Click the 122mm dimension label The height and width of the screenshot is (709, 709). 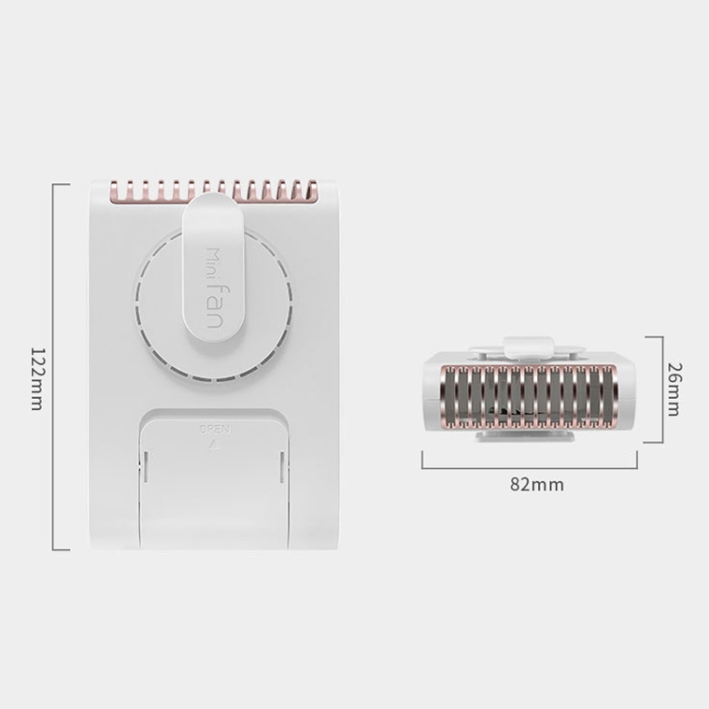(37, 379)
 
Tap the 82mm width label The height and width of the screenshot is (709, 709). (537, 485)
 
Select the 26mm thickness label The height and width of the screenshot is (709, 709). (674, 389)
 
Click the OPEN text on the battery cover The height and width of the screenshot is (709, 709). (215, 429)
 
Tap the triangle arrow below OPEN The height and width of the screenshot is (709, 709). (215, 444)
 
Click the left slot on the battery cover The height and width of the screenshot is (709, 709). (146, 466)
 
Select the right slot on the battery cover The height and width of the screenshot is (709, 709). (282, 466)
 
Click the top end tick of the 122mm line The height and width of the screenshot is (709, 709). (61, 184)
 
